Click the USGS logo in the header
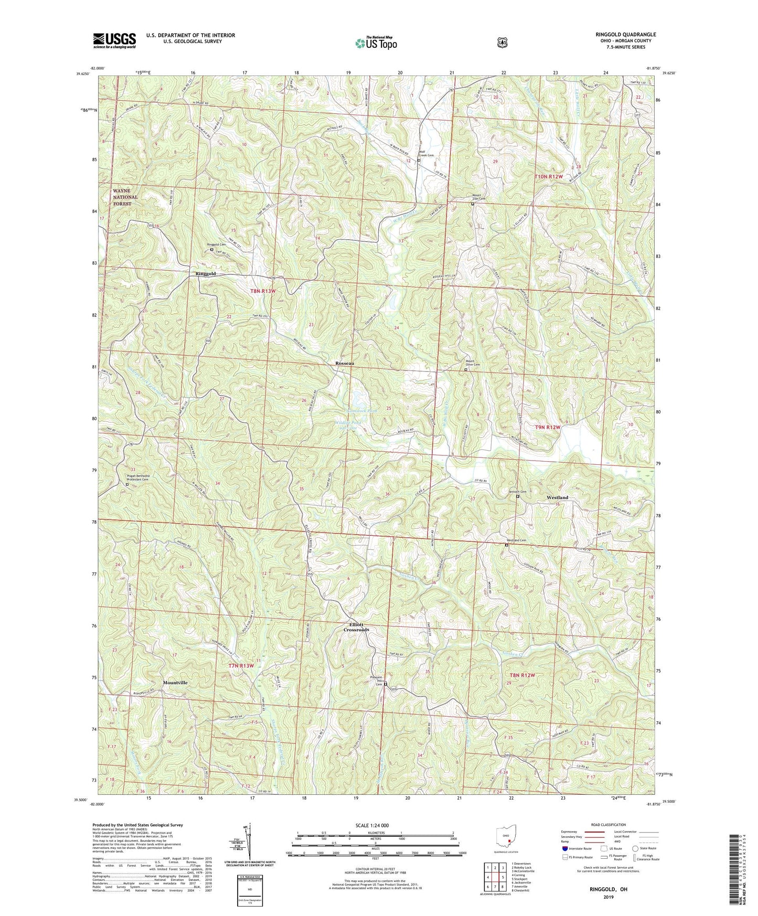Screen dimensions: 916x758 click(114, 40)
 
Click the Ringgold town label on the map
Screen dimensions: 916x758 click(205, 274)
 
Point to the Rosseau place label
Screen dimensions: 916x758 click(345, 363)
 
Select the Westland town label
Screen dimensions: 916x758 click(557, 497)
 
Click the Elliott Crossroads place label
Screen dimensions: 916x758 click(356, 627)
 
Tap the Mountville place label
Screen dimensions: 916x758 click(175, 683)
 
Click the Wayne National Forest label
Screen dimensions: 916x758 click(125, 197)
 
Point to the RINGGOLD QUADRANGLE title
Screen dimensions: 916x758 click(625, 35)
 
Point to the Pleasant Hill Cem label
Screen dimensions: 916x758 click(376, 680)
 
